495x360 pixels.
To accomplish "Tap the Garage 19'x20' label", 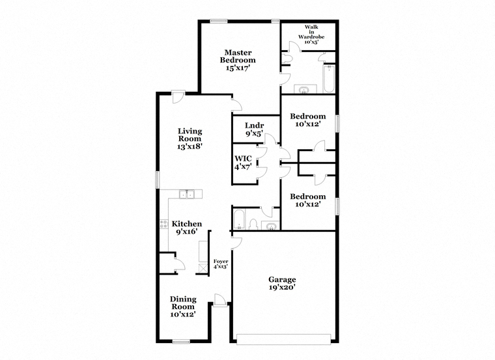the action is pyautogui.click(x=282, y=283).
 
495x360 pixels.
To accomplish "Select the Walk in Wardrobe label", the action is pyautogui.click(x=311, y=34).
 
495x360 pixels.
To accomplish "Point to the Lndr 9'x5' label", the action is pyautogui.click(x=255, y=130).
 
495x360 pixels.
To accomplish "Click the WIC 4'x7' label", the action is pyautogui.click(x=243, y=163).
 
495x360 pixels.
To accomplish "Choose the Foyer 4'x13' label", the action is pyautogui.click(x=221, y=264).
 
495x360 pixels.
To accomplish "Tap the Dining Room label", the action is pyautogui.click(x=183, y=307).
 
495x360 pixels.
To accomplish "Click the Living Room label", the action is pyautogui.click(x=190, y=139).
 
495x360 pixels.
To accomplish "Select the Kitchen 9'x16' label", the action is pyautogui.click(x=186, y=227).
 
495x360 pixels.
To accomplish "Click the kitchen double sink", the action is pyautogui.click(x=187, y=195).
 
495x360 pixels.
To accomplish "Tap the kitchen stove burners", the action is pyautogui.click(x=164, y=225).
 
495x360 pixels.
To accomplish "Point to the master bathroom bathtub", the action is pyautogui.click(x=329, y=79).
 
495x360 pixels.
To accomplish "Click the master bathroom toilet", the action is pyautogui.click(x=288, y=58).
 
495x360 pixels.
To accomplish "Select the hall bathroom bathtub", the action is pyautogui.click(x=238, y=219).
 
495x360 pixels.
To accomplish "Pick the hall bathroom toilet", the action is pyautogui.click(x=253, y=225).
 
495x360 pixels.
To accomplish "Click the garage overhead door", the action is pyautogui.click(x=283, y=339).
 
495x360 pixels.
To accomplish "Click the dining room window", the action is pyautogui.click(x=181, y=341).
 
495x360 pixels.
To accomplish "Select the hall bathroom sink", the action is pyautogui.click(x=271, y=227).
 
